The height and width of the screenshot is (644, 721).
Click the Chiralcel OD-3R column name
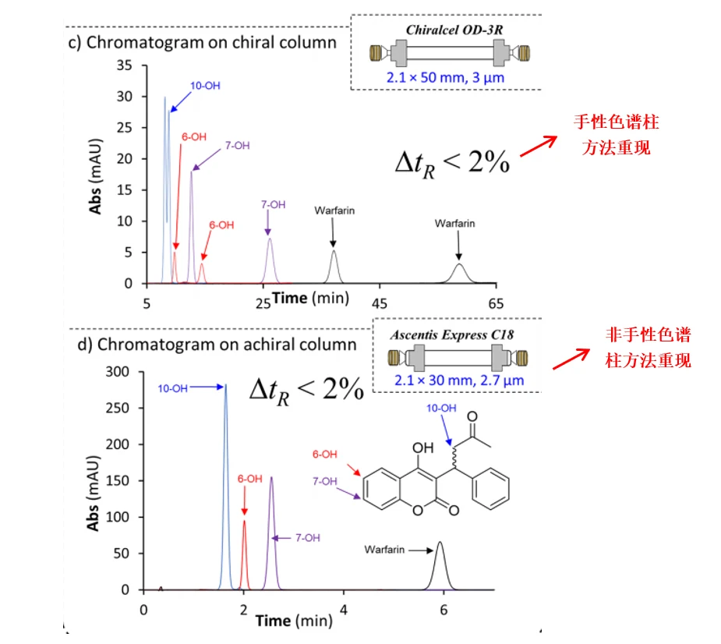click(x=454, y=30)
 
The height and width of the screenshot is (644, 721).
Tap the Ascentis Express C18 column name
click(x=452, y=334)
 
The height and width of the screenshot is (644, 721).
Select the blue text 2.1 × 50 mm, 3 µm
click(x=445, y=77)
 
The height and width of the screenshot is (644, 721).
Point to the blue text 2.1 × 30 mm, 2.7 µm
click(x=459, y=380)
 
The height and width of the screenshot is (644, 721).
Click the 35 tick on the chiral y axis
click(x=124, y=65)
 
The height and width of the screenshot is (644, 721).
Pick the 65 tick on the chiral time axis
click(x=496, y=303)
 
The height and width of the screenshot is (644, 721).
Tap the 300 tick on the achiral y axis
click(x=117, y=372)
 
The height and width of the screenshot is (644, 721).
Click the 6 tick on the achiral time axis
click(x=444, y=610)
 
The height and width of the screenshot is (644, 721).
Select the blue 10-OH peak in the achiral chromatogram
click(x=225, y=487)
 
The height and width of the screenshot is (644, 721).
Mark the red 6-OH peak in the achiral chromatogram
click(x=244, y=555)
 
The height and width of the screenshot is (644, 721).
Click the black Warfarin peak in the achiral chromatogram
click(x=440, y=567)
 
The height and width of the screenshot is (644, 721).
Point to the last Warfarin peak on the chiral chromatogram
click(x=459, y=274)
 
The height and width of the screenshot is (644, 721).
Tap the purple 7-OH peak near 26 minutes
click(x=270, y=261)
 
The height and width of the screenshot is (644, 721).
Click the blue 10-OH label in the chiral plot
click(x=205, y=86)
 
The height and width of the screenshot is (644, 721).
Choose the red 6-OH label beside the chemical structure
click(x=324, y=455)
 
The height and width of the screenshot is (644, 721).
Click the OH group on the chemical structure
click(x=422, y=448)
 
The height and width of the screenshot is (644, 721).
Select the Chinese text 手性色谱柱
click(x=616, y=122)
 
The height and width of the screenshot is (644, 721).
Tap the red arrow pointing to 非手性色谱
click(x=571, y=359)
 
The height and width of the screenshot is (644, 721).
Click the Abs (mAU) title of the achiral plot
click(x=93, y=493)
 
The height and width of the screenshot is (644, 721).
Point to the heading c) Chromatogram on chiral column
click(x=203, y=42)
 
